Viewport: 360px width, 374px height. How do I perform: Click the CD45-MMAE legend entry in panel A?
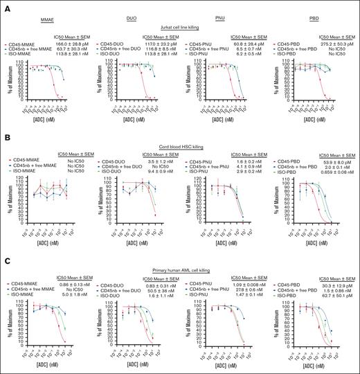(24, 44)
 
